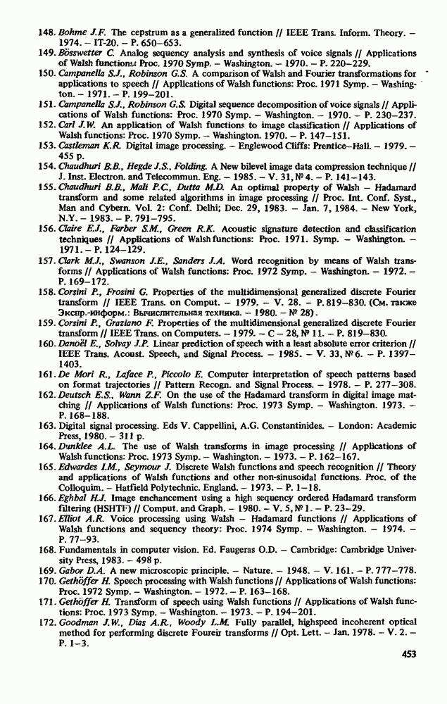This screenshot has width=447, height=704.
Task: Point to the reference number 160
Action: pos(46,342)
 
